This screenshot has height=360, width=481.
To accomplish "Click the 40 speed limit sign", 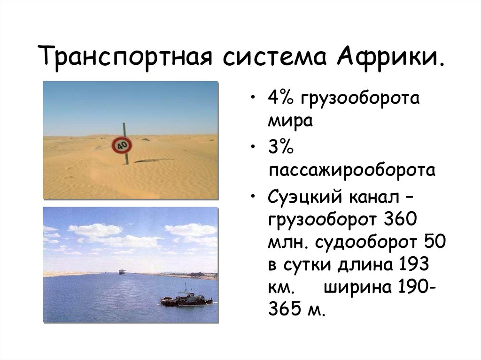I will pyautogui.click(x=122, y=145).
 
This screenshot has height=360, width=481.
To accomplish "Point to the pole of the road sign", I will pyautogui.click(x=126, y=157).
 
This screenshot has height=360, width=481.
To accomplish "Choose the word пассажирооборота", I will pyautogui.click(x=351, y=169).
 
